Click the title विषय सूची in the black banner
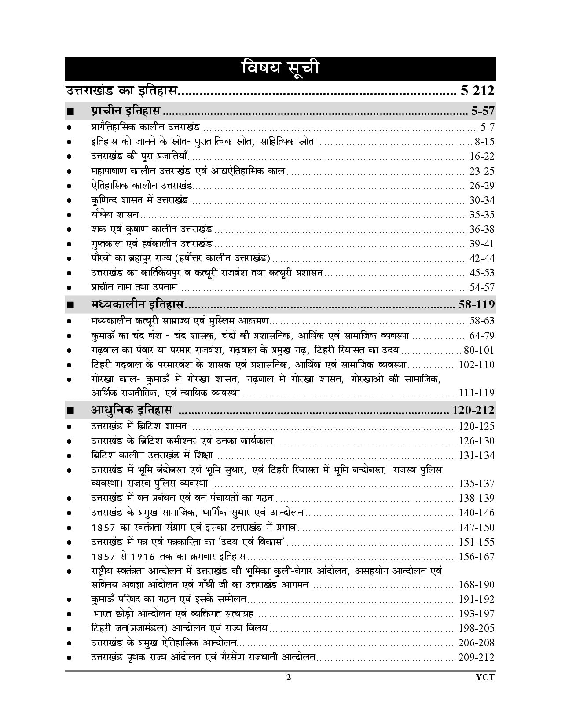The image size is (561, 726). (280, 69)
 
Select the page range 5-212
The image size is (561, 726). (477, 91)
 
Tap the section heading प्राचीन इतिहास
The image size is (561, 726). (126, 110)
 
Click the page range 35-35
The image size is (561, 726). (482, 215)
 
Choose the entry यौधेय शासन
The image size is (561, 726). (115, 215)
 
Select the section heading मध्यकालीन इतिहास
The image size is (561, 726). (138, 304)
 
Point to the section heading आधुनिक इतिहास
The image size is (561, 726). (132, 411)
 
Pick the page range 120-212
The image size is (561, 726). (473, 411)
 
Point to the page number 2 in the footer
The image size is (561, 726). (289, 678)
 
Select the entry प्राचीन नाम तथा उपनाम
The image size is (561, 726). (134, 287)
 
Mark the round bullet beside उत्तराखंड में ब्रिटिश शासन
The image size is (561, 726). (69, 427)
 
